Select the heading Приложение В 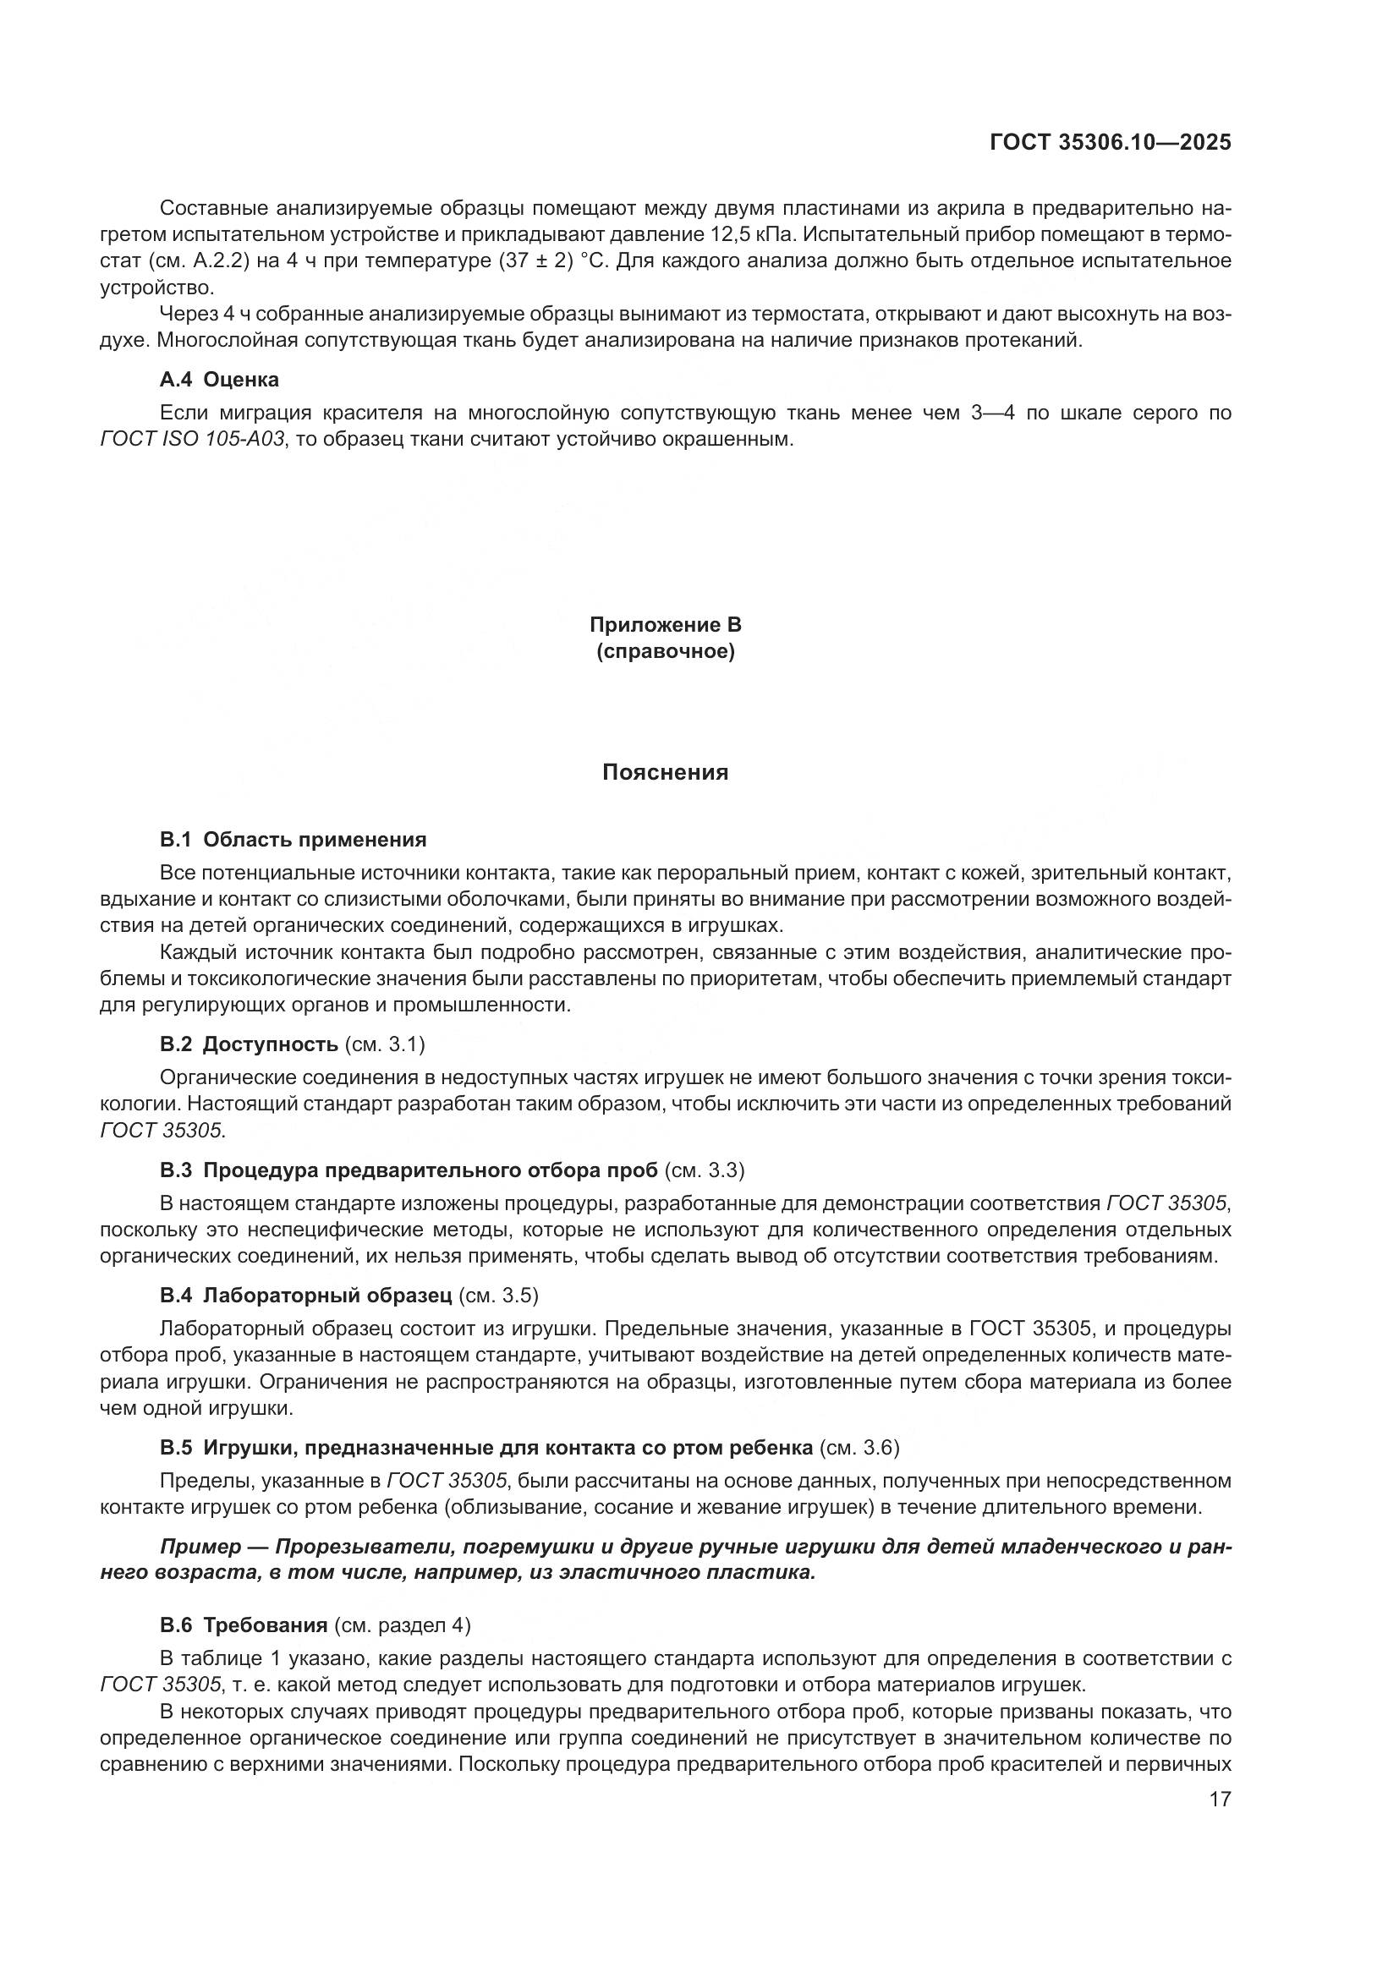coord(665,625)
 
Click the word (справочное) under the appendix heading coord(665,652)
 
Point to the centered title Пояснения coord(665,773)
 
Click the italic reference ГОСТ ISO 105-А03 coord(192,440)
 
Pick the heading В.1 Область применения coord(293,839)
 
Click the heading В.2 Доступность coord(249,1045)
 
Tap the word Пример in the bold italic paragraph coord(200,1547)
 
